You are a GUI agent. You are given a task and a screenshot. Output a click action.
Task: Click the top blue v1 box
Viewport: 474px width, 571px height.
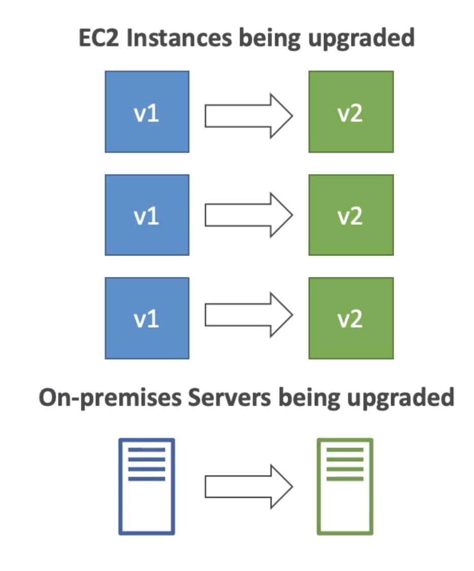pos(147,112)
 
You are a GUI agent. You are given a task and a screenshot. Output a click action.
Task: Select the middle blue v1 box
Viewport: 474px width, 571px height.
pos(147,215)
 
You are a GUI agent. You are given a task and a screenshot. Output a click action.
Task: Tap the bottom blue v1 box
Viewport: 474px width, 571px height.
pos(147,318)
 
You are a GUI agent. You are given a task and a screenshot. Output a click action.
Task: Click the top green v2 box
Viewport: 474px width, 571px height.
pos(351,112)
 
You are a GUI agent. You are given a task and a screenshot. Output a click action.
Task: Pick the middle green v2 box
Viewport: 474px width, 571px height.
pos(351,215)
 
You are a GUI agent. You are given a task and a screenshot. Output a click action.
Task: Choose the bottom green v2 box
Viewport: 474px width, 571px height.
pos(351,318)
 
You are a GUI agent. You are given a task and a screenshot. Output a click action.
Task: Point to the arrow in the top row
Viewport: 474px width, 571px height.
pos(249,116)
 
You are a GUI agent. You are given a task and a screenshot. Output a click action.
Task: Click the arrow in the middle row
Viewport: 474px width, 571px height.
pos(249,215)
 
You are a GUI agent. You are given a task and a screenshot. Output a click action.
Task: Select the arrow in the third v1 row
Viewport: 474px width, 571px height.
pos(249,315)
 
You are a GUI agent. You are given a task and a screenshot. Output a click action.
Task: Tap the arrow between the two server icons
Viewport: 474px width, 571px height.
pos(249,487)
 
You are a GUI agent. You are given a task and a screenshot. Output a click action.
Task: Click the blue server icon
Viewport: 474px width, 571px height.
pos(146,486)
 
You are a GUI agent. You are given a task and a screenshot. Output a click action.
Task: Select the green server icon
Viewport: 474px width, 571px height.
pos(345,486)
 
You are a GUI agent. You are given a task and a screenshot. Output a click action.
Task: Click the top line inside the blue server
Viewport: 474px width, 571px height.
pos(146,450)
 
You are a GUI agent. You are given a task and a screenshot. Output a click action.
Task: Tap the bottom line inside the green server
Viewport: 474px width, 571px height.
pos(345,479)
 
